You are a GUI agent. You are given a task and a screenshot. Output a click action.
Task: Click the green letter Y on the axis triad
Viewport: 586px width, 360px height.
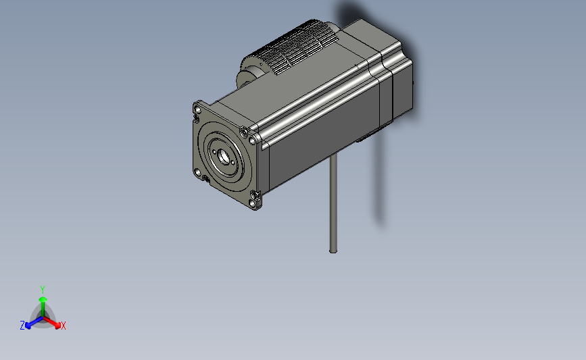point(42,288)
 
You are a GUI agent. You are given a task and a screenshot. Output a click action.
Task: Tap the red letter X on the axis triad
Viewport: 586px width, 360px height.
point(64,326)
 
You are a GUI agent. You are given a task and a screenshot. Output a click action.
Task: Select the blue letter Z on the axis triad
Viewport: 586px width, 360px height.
point(22,326)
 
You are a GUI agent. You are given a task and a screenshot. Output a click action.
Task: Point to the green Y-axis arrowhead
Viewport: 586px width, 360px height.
point(42,298)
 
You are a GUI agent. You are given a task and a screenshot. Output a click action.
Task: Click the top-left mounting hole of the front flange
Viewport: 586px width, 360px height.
point(197,108)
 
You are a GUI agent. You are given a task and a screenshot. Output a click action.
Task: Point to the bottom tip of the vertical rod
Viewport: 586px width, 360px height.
point(333,251)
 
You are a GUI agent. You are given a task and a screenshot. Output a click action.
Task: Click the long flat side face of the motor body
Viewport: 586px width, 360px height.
point(318,142)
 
